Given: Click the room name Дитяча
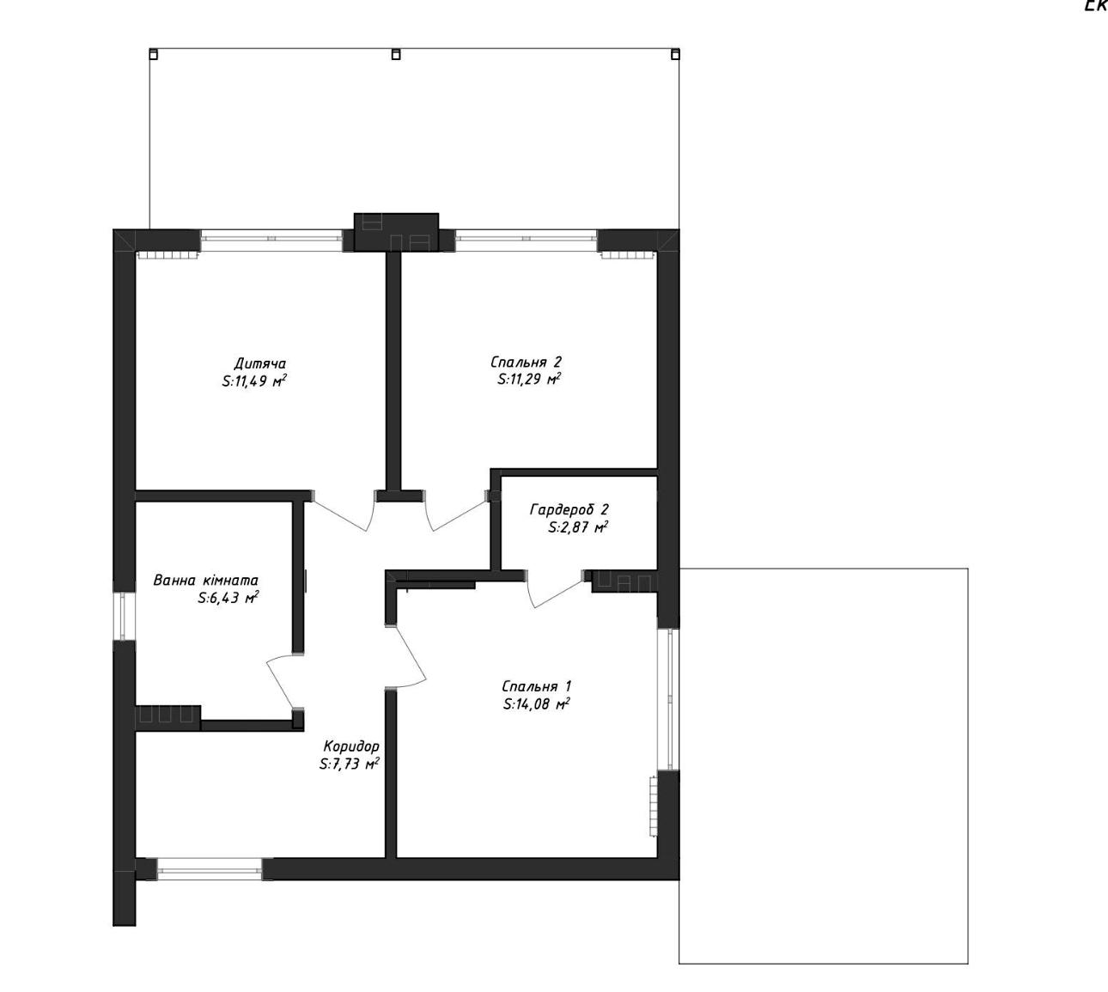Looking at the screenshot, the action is tap(259, 363).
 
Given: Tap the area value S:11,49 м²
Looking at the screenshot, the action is tap(254, 381).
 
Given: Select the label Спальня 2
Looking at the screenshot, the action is tap(526, 362).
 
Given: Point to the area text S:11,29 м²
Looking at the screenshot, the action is tap(529, 379).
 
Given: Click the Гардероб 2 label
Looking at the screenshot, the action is tap(569, 510).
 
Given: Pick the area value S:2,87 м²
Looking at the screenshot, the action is tap(578, 527).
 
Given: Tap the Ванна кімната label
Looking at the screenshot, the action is tap(205, 581).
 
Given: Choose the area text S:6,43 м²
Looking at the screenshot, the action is tap(228, 598).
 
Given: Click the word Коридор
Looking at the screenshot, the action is tap(351, 746).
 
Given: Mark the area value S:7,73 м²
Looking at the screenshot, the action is tap(350, 764).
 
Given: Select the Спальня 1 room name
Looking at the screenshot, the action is tap(537, 686).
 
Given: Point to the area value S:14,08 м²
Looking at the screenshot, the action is tap(536, 704).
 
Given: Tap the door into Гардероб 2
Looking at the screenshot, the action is tap(556, 589).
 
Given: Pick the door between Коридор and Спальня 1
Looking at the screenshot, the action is tap(406, 656).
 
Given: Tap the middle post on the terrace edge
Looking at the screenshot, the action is tap(396, 54).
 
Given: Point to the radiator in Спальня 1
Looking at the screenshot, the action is tap(653, 806).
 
